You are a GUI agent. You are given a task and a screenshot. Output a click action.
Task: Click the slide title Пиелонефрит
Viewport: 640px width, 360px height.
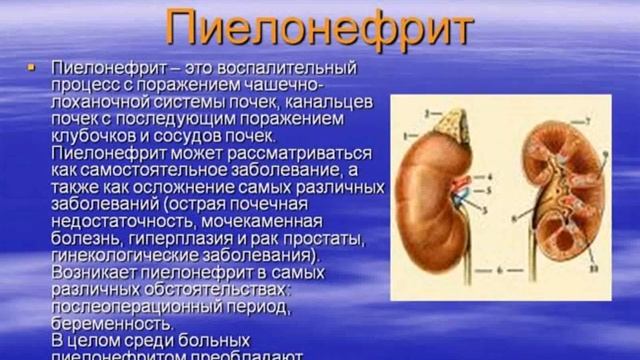[319, 29]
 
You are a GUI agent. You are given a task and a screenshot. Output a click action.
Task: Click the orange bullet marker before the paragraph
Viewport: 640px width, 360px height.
[31, 67]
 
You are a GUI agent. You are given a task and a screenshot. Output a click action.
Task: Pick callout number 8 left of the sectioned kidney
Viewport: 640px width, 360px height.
[514, 215]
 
